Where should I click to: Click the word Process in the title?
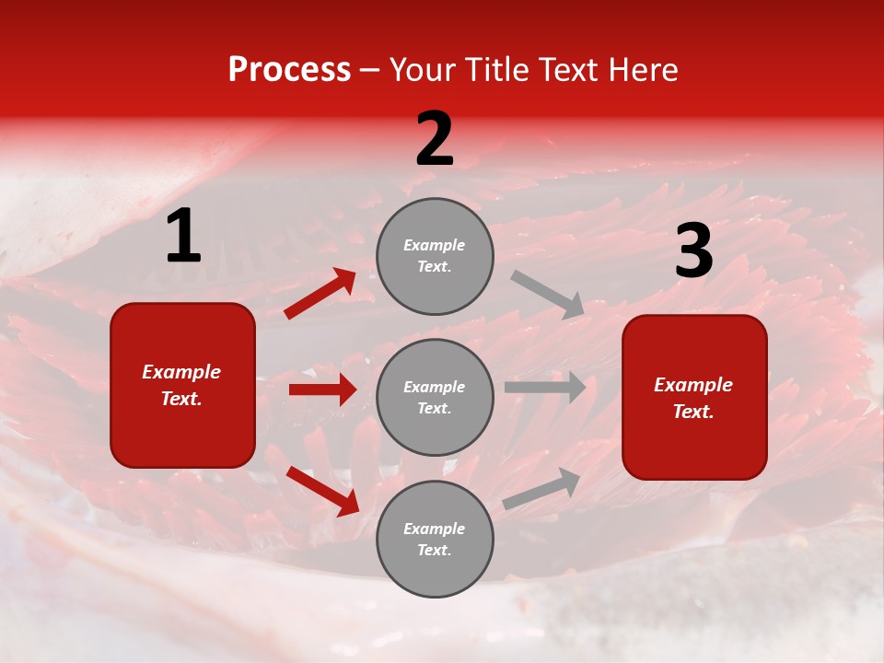289,70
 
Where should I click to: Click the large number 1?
183,237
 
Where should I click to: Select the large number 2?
435,139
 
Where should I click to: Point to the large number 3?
693,251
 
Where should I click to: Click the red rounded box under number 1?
182,385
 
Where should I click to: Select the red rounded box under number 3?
694,397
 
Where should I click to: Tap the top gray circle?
435,256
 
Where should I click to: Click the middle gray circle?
435,397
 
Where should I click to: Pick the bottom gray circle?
435,539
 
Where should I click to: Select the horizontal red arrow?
323,390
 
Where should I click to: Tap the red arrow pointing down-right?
323,491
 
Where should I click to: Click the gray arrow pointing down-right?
548,295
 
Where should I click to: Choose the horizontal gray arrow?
545,387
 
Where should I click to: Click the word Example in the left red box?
181,372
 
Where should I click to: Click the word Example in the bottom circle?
435,529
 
